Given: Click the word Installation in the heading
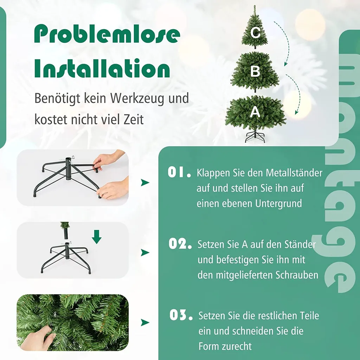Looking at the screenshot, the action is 102,68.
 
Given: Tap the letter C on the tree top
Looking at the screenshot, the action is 255,33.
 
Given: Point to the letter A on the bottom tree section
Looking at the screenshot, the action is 255,112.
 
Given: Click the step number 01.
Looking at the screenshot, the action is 179,172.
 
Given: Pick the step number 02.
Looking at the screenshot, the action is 180,244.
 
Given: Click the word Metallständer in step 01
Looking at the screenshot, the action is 294,173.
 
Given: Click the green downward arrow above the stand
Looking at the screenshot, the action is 97,237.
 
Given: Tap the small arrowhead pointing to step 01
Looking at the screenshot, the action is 145,182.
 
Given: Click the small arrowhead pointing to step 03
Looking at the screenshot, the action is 145,323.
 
